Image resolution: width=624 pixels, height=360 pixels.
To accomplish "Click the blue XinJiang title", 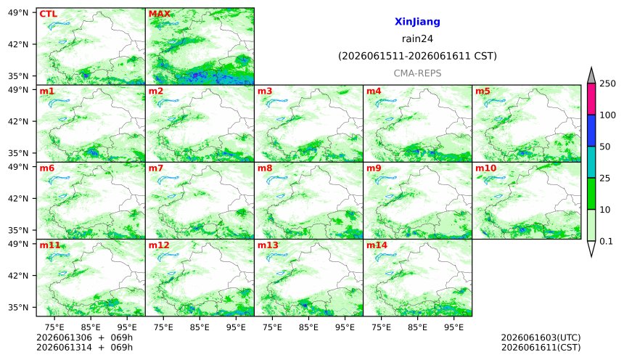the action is click(417, 22).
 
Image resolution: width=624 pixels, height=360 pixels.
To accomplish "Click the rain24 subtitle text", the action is click(417, 39).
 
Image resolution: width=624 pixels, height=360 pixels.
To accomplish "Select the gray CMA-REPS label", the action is click(417, 73).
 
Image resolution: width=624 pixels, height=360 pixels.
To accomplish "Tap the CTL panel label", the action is click(48, 14).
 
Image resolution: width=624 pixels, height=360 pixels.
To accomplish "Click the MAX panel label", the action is click(159, 14).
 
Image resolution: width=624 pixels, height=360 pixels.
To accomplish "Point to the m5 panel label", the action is click(483, 91).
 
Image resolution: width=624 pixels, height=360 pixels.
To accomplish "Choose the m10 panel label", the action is click(486, 168).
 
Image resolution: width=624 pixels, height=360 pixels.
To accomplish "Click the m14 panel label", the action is click(377, 245).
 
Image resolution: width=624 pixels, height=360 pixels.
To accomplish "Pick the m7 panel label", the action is click(155, 168).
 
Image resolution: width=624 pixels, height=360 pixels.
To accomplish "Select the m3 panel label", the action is click(265, 91).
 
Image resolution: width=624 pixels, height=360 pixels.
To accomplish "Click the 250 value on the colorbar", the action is click(608, 83).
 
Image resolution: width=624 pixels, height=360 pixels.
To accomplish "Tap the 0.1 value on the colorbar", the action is click(606, 241).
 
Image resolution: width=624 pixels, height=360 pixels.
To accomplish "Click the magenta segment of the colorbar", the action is click(591, 99).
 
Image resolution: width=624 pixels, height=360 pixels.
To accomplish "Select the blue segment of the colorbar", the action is click(591, 131).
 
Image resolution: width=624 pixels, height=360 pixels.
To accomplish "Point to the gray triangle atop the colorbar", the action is click(591, 75).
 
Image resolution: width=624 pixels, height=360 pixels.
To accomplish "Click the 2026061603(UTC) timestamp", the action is click(541, 337).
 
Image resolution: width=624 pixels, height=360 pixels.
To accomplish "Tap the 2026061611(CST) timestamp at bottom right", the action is click(541, 348).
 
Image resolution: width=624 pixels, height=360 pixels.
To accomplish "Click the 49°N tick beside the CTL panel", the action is click(18, 13).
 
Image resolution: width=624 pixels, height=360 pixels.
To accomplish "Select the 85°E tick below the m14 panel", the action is click(417, 327).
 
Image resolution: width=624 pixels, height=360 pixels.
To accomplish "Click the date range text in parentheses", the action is click(417, 56).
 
